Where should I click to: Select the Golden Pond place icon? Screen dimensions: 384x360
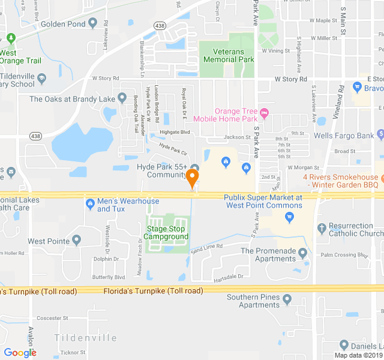pos(92,23)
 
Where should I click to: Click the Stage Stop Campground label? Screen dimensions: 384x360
pos(167,232)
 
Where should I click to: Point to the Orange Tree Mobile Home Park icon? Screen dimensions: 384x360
pos(265,112)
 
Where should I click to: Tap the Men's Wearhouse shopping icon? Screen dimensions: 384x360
pos(90,203)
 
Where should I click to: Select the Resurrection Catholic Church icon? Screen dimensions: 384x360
pos(322,228)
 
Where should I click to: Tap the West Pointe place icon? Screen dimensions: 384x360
pos(76,241)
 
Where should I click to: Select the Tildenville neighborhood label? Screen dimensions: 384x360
pos(85,338)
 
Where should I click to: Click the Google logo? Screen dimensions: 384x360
pos(20,353)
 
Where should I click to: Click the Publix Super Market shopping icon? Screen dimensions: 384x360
pos(290,218)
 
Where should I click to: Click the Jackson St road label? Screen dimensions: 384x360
pos(237,137)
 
